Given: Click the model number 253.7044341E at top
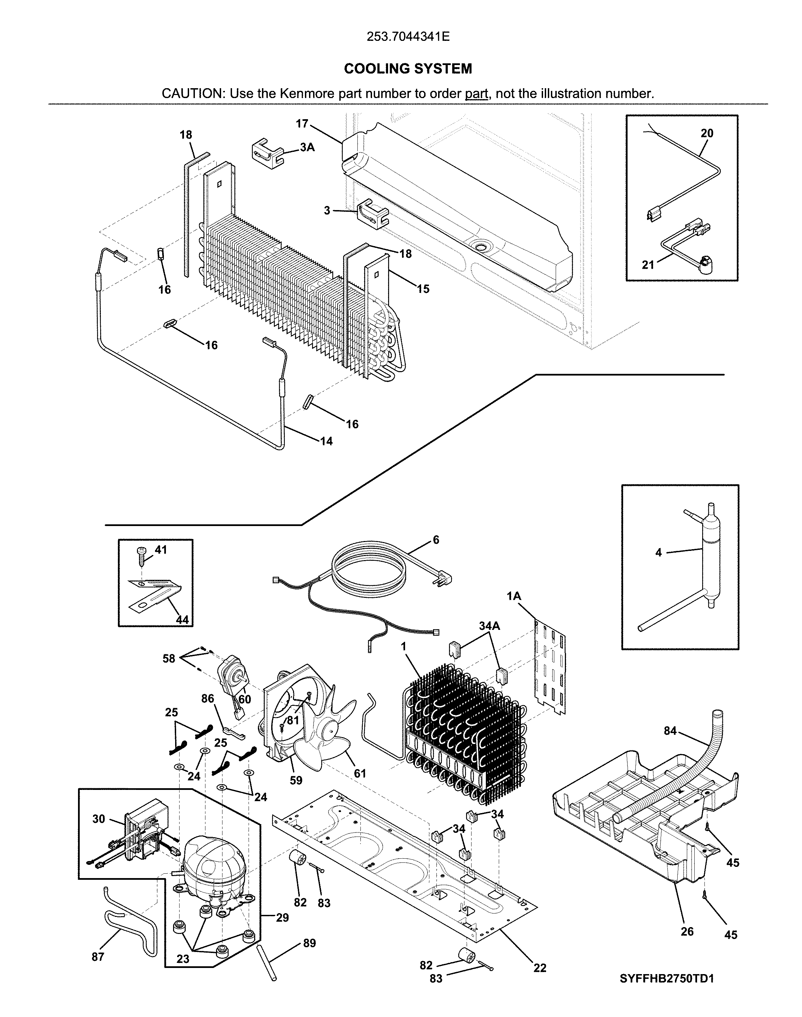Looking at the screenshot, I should [x=408, y=37].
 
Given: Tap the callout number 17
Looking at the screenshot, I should [x=302, y=124].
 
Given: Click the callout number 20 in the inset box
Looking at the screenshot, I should [x=707, y=133].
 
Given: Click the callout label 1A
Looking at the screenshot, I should [x=514, y=596].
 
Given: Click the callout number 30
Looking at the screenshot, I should [x=98, y=819].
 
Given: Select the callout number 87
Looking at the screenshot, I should [x=98, y=957].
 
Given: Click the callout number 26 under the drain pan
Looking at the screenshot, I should [x=687, y=932].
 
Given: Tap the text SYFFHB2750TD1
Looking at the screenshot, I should [x=667, y=979].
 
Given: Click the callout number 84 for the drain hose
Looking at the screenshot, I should [x=670, y=731].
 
